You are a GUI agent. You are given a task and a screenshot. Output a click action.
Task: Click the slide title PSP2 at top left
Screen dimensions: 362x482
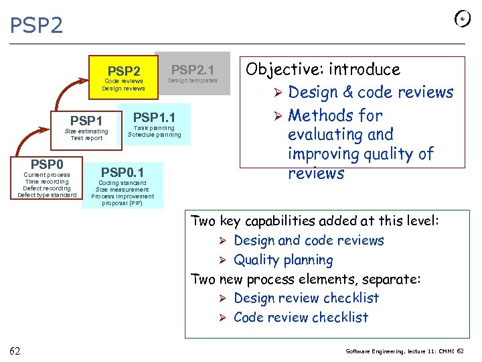point(37,25)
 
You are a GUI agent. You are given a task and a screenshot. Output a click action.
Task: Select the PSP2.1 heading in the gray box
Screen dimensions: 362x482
point(193,69)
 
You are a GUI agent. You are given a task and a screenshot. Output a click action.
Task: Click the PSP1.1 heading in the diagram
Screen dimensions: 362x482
point(155,117)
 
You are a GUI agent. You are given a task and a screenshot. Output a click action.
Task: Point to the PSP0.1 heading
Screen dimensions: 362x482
point(123,172)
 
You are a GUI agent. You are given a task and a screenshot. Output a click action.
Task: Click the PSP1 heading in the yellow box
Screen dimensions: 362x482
point(86,121)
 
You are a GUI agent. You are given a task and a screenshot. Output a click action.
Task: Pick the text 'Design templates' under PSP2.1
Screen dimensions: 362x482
point(193,80)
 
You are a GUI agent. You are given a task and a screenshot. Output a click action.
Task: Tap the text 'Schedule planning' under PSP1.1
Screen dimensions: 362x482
point(155,135)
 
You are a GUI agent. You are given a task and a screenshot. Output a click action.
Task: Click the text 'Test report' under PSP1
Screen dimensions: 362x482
point(86,138)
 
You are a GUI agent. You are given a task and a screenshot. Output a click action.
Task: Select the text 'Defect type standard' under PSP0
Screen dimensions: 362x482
point(47,195)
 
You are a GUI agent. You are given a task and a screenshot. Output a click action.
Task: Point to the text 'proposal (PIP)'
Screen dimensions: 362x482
point(123,203)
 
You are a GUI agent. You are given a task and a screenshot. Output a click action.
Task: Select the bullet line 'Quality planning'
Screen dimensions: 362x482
point(283,259)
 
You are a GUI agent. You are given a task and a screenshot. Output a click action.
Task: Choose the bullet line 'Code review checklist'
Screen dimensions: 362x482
point(301,317)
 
